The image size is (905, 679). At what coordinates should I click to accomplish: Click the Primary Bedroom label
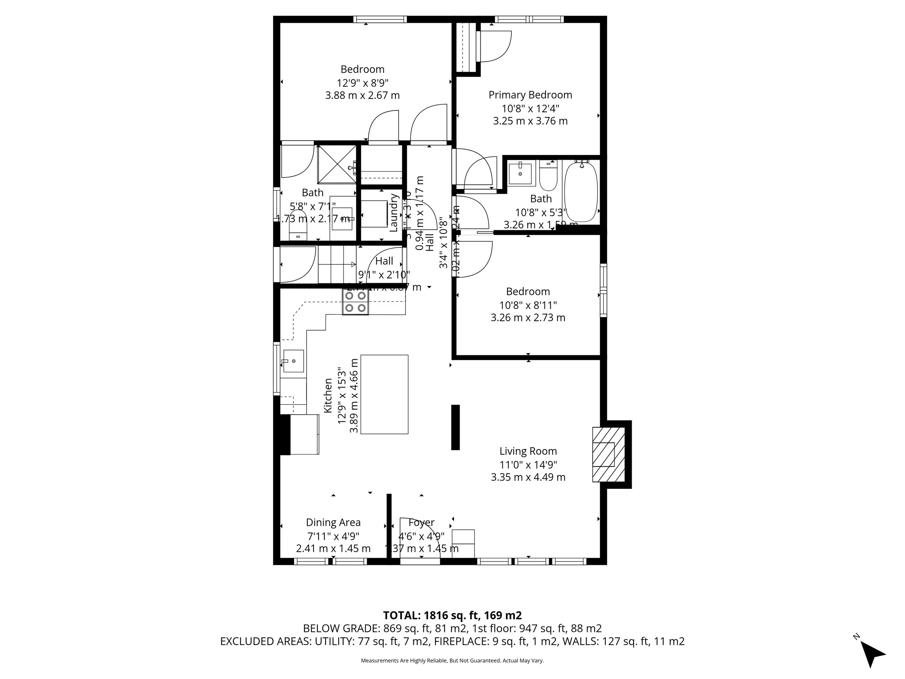530,95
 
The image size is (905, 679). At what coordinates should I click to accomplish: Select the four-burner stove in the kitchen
355,302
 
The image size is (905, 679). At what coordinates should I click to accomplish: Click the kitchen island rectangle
384,394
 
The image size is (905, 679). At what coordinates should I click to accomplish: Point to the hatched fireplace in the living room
609,454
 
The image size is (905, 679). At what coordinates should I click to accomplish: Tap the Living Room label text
528,451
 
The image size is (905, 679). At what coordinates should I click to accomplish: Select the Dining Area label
333,523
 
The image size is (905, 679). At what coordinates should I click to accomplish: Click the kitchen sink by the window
293,361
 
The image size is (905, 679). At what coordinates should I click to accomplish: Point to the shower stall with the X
337,164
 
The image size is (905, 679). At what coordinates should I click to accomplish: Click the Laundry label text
394,213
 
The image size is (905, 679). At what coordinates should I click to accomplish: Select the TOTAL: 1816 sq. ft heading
452,616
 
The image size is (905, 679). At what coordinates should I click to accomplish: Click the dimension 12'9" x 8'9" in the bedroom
362,83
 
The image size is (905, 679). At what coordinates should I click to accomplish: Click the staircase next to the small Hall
337,264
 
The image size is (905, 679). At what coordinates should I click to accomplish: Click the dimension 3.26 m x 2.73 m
528,318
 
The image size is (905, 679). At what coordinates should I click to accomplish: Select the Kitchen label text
328,395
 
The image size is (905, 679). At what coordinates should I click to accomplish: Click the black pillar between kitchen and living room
455,427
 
